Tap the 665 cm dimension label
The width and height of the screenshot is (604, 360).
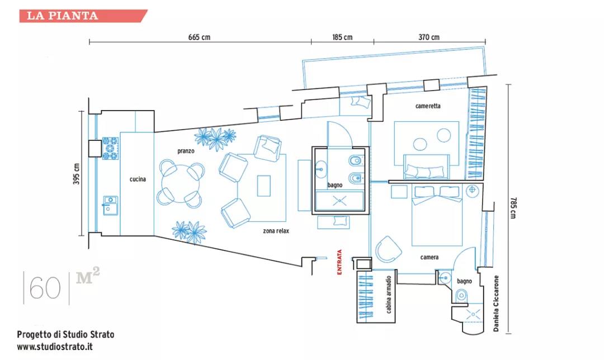click(x=199, y=37)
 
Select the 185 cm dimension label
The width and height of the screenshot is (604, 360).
click(x=342, y=37)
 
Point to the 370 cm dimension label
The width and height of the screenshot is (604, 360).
click(x=429, y=37)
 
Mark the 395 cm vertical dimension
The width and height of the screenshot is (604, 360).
click(x=77, y=174)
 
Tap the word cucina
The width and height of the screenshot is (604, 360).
click(x=138, y=179)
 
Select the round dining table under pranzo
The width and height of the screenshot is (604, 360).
click(x=181, y=181)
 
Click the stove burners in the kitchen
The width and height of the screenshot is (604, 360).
click(x=110, y=148)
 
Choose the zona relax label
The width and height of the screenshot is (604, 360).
click(x=276, y=231)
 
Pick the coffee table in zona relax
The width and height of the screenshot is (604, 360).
click(x=264, y=186)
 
